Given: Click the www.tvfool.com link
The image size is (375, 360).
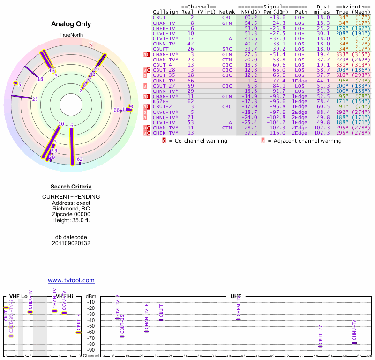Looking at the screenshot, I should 71,280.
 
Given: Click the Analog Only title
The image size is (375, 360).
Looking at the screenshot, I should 71,24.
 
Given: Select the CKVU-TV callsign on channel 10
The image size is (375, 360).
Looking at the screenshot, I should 164,34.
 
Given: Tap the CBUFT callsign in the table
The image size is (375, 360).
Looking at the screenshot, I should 160,49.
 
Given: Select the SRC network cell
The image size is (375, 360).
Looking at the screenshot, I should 227,49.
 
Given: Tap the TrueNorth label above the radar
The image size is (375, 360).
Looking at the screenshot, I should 71,35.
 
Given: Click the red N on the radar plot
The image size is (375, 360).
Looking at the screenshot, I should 91,45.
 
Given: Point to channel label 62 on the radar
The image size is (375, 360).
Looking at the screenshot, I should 80,159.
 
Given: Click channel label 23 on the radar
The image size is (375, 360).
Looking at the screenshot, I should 35,99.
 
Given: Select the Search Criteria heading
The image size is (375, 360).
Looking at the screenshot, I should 71,187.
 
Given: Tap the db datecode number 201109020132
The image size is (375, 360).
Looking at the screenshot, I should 71,243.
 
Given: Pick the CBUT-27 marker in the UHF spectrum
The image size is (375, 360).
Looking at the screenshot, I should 321,346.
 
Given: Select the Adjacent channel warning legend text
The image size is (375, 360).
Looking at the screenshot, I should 304,141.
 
